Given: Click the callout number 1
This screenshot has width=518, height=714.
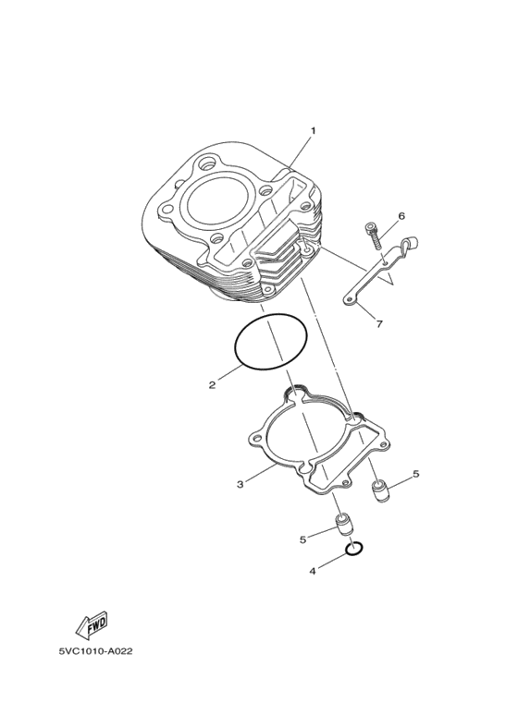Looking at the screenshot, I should tap(313, 130).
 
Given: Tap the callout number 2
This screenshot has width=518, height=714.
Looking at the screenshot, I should tap(212, 384).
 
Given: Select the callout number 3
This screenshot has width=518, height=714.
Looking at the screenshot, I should tap(240, 483).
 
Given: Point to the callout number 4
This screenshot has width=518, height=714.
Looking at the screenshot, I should tap(313, 571).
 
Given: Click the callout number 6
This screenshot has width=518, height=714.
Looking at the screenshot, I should tap(402, 216).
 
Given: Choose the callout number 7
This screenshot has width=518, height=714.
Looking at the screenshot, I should tap(378, 323).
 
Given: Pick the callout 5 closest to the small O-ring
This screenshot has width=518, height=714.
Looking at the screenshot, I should tap(302, 539).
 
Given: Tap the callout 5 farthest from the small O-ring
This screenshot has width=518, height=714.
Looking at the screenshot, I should tap(415, 474).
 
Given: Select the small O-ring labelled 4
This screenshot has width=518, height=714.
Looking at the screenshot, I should tap(352, 551).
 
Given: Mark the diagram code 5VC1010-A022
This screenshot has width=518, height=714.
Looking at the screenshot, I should tap(96, 650).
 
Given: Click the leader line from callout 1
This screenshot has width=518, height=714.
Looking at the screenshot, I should tap(300, 152).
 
